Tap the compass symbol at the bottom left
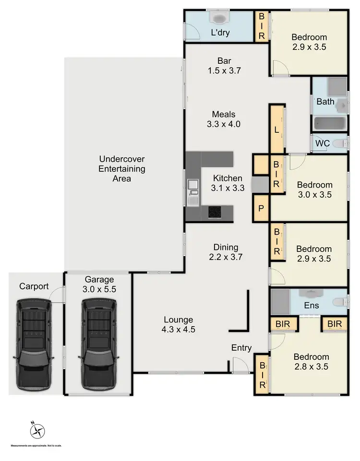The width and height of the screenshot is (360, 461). [x=37, y=431]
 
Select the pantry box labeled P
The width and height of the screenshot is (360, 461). [x=261, y=209]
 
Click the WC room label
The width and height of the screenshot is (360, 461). [x=322, y=143]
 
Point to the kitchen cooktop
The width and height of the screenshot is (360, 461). [x=215, y=212]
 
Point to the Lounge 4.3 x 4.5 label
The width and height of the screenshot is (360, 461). [x=178, y=324]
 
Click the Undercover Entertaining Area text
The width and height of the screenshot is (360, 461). [x=122, y=168]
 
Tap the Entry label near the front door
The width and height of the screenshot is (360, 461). [x=241, y=348]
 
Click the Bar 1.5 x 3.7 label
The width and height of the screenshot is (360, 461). [x=224, y=65]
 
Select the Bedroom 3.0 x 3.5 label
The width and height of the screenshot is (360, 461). [x=314, y=189]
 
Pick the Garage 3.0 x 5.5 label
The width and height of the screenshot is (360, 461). [x=99, y=284]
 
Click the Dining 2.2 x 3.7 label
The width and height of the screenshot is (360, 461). [x=226, y=252]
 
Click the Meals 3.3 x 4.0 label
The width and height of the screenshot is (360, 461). [x=224, y=119]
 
